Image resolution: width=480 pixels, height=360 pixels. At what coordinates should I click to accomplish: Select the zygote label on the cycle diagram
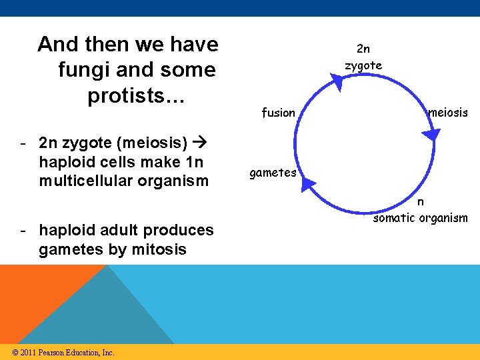point(363,65)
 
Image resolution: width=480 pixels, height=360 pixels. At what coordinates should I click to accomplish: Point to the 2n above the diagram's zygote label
point(363,49)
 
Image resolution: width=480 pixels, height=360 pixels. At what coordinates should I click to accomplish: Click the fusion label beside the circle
point(278,113)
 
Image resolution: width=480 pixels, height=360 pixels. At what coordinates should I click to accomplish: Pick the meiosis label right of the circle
point(448,113)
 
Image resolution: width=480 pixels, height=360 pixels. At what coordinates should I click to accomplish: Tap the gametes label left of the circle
point(273,173)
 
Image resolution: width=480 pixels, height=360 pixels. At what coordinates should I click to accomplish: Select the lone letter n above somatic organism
point(421,202)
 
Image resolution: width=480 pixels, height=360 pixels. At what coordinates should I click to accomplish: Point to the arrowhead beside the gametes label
point(308,182)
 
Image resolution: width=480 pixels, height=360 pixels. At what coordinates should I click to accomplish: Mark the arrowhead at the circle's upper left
point(337,82)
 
